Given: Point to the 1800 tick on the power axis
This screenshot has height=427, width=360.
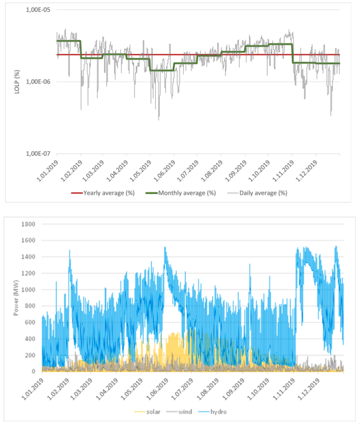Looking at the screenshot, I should (x=30, y=224).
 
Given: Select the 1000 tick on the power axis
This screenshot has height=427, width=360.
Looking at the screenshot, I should (x=30, y=289).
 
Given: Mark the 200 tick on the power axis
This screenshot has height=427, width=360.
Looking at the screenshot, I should (x=32, y=355).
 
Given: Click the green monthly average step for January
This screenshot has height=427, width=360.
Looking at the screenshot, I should (x=69, y=41).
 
